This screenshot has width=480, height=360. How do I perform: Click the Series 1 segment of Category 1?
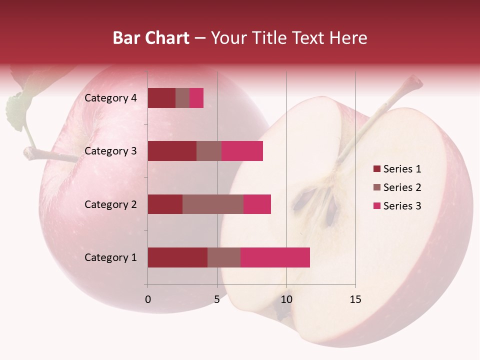[177, 257]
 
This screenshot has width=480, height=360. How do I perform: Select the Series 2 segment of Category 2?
[213, 204]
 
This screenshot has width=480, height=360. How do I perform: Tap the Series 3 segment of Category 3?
[242, 151]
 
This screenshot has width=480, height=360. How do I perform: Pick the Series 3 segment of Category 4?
[196, 98]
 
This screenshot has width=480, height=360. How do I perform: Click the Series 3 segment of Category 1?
[275, 257]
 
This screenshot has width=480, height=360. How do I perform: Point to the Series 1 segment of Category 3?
[172, 151]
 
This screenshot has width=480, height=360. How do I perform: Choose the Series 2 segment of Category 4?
[182, 98]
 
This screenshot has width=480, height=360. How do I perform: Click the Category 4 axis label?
[110, 98]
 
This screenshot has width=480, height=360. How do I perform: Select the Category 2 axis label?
[110, 204]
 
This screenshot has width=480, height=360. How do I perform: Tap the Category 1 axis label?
[110, 257]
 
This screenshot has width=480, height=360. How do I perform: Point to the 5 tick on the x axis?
[217, 299]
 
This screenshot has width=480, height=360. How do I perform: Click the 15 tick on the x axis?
[355, 299]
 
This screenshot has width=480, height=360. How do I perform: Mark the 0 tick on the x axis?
[148, 299]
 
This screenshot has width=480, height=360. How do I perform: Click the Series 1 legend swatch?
[376, 169]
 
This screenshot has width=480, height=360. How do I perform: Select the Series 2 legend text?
[402, 187]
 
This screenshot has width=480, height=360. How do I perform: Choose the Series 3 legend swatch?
[376, 206]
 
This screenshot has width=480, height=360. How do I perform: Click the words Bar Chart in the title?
[151, 38]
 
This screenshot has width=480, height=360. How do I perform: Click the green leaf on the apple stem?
[17, 107]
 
